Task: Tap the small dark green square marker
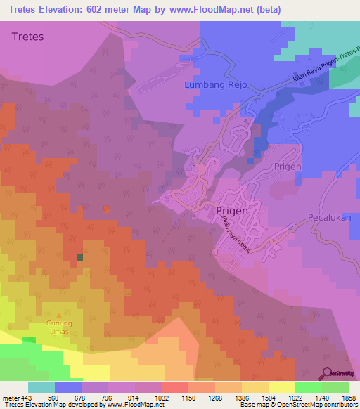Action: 79,258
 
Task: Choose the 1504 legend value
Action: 257,397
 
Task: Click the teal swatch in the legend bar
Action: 41,387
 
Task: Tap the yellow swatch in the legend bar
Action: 282,387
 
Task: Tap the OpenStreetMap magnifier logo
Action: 327,372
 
